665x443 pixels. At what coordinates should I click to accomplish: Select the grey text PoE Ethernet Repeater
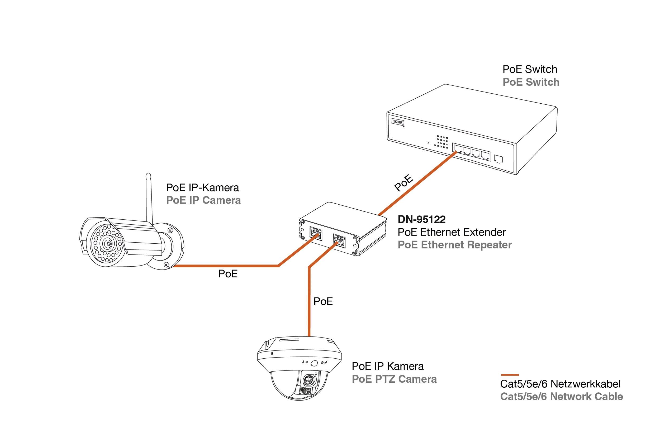point(454,245)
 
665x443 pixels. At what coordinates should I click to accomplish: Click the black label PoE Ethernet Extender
point(451,232)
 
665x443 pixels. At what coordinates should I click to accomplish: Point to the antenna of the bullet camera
point(149,198)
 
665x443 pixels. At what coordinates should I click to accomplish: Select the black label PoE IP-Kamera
point(202,187)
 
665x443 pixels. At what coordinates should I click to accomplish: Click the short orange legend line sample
point(510,375)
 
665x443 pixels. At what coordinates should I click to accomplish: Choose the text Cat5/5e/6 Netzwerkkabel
point(560,384)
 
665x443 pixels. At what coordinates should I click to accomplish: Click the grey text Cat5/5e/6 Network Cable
point(561,397)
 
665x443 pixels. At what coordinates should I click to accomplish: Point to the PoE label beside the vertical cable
point(323,301)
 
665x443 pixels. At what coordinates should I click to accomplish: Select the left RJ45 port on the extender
point(316,233)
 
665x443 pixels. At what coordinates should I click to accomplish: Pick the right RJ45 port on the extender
point(339,241)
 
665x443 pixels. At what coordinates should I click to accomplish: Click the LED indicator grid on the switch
point(442,142)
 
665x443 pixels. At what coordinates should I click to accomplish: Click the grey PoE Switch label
point(531,82)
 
